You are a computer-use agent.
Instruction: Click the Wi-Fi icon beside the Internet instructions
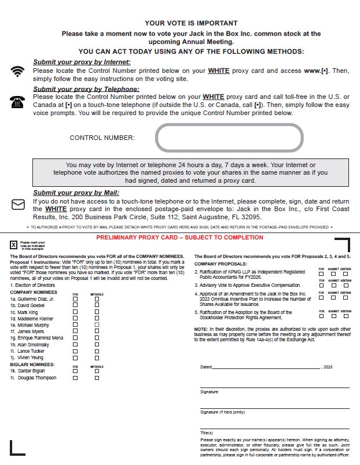(18, 71)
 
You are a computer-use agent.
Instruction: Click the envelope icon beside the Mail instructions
(18, 204)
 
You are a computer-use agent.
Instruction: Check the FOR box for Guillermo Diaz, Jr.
(75, 299)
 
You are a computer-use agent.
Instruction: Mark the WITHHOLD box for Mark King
(97, 312)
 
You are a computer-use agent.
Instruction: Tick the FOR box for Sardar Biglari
(75, 371)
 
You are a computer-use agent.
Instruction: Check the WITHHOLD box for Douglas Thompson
(97, 378)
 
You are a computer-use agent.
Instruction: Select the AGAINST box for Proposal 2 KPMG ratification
(333, 274)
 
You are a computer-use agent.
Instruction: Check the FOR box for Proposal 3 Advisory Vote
(321, 285)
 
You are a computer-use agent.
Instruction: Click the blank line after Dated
(266, 367)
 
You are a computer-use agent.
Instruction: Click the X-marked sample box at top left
(13, 245)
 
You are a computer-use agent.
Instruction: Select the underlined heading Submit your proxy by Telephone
(86, 89)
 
